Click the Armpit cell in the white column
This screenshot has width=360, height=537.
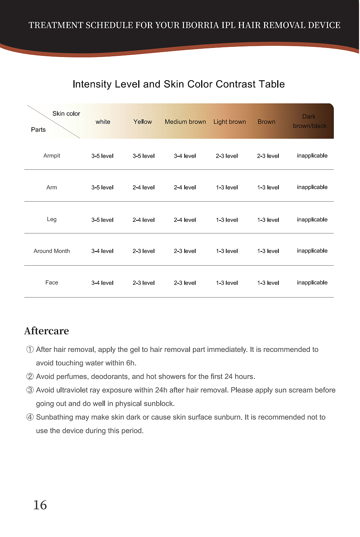[x=102, y=156]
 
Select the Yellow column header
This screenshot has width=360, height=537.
[x=142, y=122]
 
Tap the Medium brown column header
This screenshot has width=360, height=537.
[x=185, y=122]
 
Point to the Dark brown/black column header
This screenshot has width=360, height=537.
[x=309, y=121]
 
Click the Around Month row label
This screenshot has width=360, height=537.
[x=52, y=251]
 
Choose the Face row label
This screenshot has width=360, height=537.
[x=52, y=283]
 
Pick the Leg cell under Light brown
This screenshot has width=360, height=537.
[x=227, y=220]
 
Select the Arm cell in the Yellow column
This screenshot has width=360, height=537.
[x=143, y=187]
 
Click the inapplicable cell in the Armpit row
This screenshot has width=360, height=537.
[x=312, y=156]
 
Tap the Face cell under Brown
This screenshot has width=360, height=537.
[x=268, y=283]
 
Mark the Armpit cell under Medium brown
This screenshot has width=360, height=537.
[x=185, y=156]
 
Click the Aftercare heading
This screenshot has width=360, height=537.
[x=46, y=331]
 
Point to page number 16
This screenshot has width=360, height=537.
[x=40, y=505]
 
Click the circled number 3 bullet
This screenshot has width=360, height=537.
[x=30, y=390]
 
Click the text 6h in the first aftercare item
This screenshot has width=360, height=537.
[x=131, y=363]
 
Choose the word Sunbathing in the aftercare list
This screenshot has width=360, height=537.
[x=54, y=417]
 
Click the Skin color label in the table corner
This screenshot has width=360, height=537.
[x=66, y=114]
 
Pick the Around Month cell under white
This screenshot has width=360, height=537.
[x=102, y=251]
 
